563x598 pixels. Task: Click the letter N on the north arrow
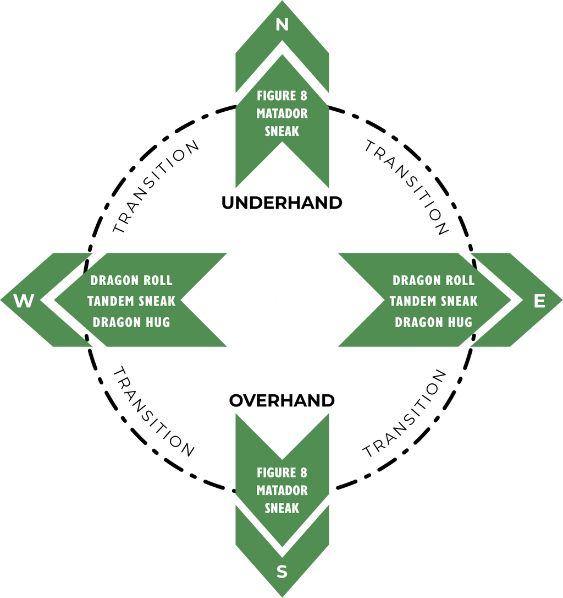[x=282, y=25]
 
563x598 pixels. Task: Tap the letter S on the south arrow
[x=282, y=572]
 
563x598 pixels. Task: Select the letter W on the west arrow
[x=24, y=301]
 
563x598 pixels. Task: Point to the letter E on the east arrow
[x=539, y=301]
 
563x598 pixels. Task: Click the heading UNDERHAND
[x=282, y=203]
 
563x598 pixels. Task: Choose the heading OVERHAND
[x=282, y=400]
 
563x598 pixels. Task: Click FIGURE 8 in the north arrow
[x=282, y=96]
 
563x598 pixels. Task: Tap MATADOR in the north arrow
[x=282, y=113]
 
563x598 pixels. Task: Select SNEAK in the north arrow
[x=282, y=131]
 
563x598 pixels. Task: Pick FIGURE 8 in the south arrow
[x=282, y=472]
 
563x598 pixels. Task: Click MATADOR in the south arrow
[x=282, y=490]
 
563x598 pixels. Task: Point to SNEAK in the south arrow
[x=282, y=508]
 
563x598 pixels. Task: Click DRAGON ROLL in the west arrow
[x=131, y=280]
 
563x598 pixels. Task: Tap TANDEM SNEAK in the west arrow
[x=131, y=301]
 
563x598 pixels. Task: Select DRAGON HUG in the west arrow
[x=131, y=322]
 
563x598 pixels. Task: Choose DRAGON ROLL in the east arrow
[x=433, y=280]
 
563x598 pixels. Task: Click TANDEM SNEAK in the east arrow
[x=433, y=301]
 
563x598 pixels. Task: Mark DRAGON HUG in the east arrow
[x=433, y=322]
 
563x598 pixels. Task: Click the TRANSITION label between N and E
[x=407, y=187]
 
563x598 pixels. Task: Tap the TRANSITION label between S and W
[x=154, y=412]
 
